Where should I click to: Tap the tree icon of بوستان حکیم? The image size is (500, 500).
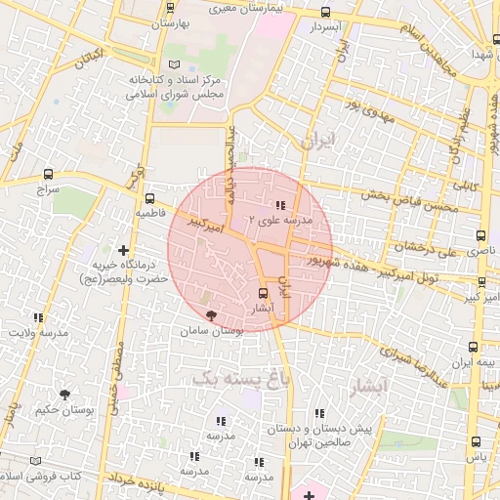(64, 395)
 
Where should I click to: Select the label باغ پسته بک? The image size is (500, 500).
(241, 376)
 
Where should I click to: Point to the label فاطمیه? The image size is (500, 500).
(157, 212)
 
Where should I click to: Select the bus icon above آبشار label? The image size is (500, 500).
(262, 293)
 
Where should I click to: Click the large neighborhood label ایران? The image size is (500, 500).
(318, 141)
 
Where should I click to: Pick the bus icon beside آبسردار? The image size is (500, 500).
(325, 13)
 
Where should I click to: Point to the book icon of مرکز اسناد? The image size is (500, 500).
(175, 64)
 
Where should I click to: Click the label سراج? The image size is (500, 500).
(48, 188)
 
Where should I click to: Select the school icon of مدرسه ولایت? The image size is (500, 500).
(39, 317)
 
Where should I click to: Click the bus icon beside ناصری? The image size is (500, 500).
(479, 236)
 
